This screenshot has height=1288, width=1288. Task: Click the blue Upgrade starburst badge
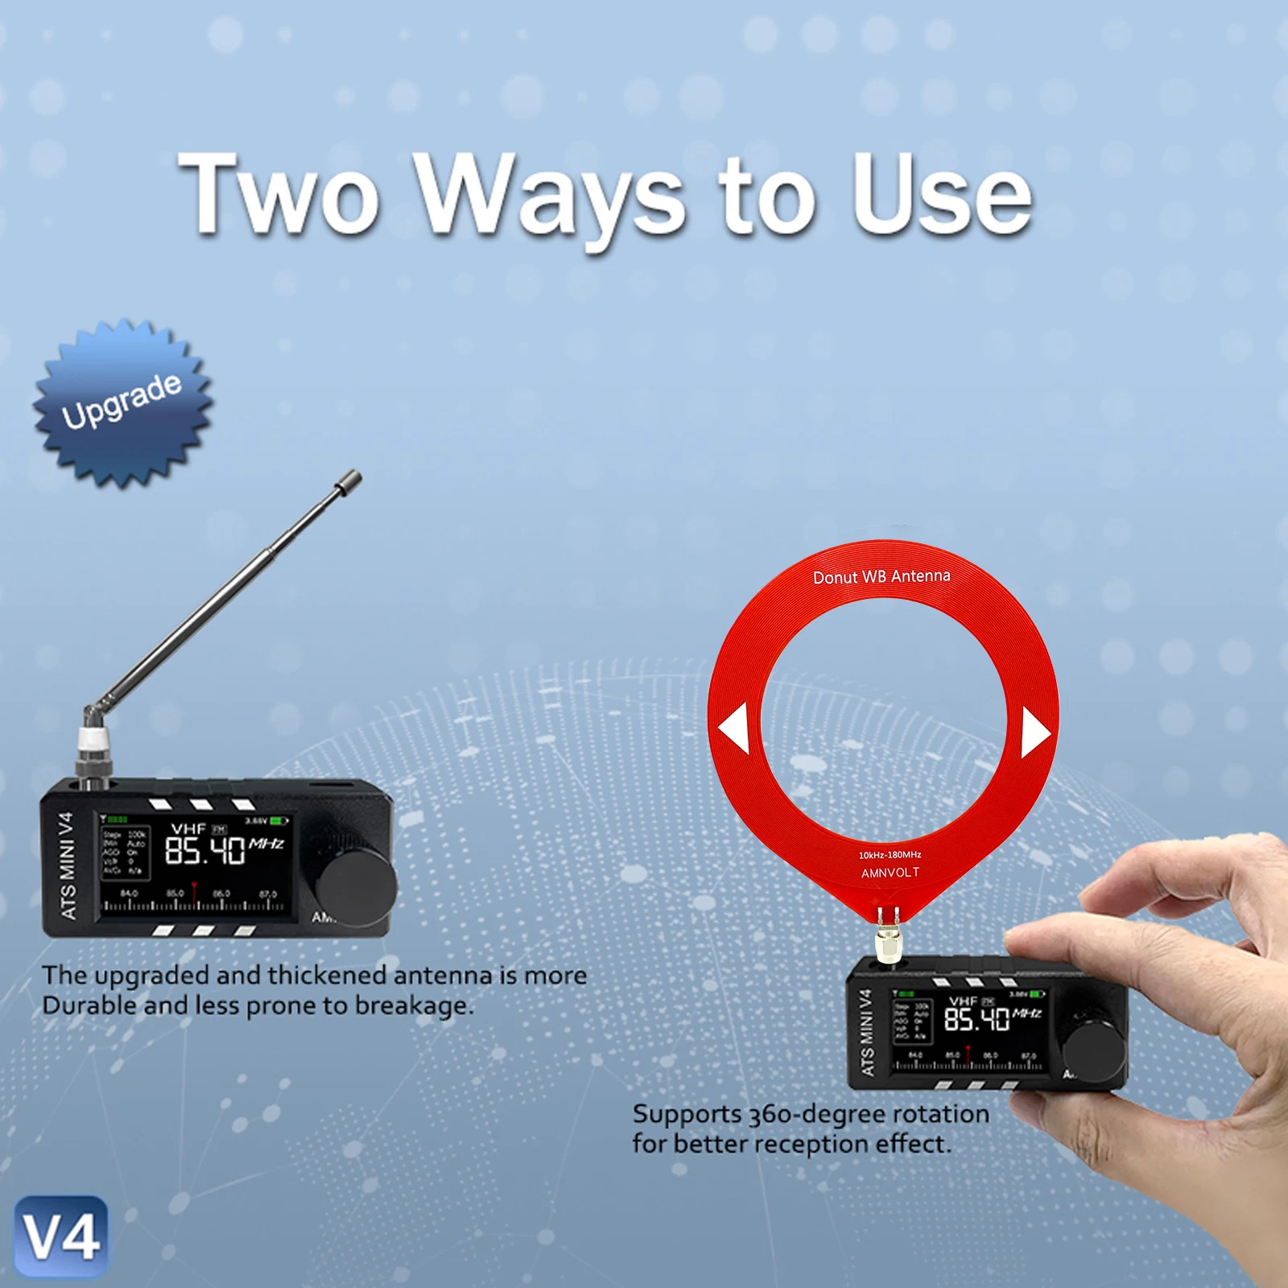[x=122, y=402]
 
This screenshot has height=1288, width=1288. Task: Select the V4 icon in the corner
[x=61, y=1237]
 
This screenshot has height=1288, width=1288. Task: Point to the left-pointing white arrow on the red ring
[x=734, y=728]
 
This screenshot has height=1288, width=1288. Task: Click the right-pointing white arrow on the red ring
[x=1034, y=732]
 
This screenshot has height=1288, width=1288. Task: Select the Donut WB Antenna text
[x=881, y=577]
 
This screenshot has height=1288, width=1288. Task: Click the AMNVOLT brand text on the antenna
[x=890, y=873]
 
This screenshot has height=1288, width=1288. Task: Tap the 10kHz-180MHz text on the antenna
[x=890, y=855]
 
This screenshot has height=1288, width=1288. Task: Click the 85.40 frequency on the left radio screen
[x=204, y=850]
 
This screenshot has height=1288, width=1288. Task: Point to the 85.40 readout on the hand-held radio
[x=976, y=1020]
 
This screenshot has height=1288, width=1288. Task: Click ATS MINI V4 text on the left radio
[x=68, y=865]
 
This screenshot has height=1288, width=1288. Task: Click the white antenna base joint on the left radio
[x=93, y=741]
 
